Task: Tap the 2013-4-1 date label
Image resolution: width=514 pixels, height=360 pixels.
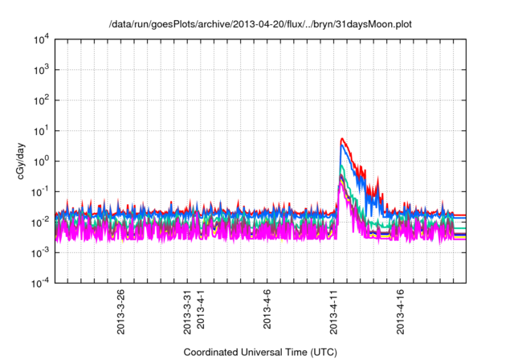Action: click(x=201, y=312)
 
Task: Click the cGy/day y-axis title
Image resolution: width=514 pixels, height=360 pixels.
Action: click(x=15, y=162)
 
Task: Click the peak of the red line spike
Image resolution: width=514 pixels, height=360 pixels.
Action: click(x=342, y=138)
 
